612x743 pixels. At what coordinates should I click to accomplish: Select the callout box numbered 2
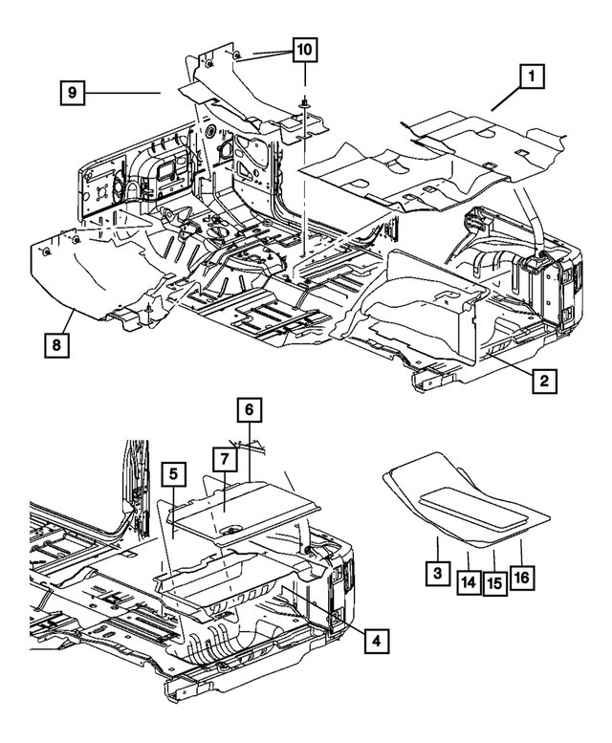(542, 382)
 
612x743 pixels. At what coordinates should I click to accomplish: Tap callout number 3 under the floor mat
(437, 578)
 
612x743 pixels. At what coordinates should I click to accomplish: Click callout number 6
(248, 408)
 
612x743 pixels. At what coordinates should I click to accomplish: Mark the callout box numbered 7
(223, 459)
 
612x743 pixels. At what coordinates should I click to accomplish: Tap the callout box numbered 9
(72, 93)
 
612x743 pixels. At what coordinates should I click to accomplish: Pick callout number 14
(468, 579)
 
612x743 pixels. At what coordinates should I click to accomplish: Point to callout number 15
(494, 579)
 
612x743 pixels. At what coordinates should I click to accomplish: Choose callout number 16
(522, 578)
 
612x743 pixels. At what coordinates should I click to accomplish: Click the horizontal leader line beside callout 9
(124, 93)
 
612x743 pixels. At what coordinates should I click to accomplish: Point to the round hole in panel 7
(230, 529)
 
